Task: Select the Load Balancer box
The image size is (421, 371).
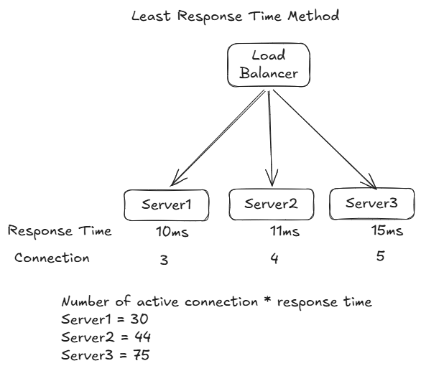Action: pos(269,65)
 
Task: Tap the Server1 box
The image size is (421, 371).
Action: pos(167,205)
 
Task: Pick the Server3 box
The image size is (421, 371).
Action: pos(371,202)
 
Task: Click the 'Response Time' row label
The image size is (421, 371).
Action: pos(60,231)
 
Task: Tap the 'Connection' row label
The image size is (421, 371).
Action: pos(52,257)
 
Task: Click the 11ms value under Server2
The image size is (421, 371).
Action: pos(279,232)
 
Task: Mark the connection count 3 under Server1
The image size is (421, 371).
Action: pos(164,260)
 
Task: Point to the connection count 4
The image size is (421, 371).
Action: pos(274,259)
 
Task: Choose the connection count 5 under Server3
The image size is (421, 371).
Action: pos(380,255)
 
